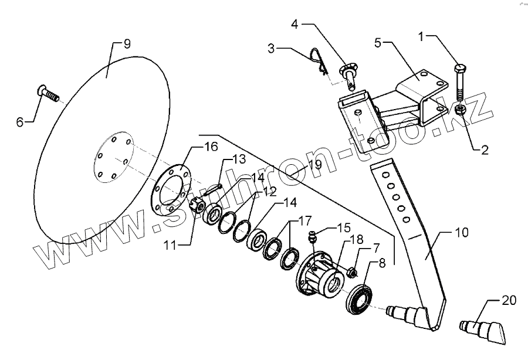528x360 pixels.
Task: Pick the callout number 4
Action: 295,25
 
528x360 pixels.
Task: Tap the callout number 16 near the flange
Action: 210,147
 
